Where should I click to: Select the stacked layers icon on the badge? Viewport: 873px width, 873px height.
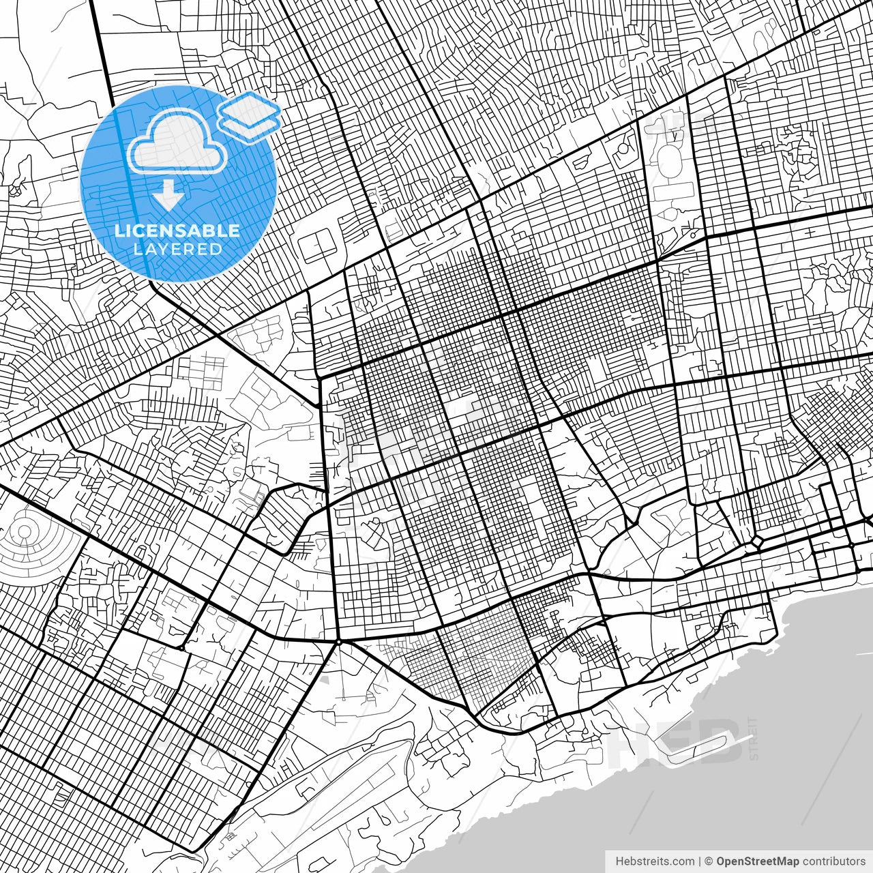(x=250, y=116)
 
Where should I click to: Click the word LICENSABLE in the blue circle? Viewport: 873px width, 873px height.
(x=177, y=231)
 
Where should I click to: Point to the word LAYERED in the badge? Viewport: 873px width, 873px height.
(x=177, y=249)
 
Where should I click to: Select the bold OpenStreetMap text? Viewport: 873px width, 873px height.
(x=758, y=861)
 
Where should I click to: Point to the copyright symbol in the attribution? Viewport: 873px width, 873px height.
(x=709, y=861)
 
